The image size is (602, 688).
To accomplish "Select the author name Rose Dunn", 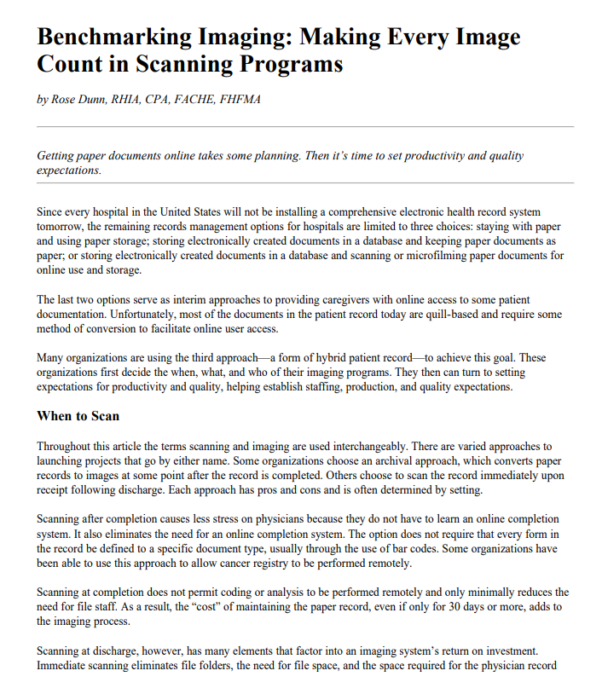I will pyautogui.click(x=78, y=100).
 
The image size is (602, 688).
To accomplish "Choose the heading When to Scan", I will pyautogui.click(x=78, y=416).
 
